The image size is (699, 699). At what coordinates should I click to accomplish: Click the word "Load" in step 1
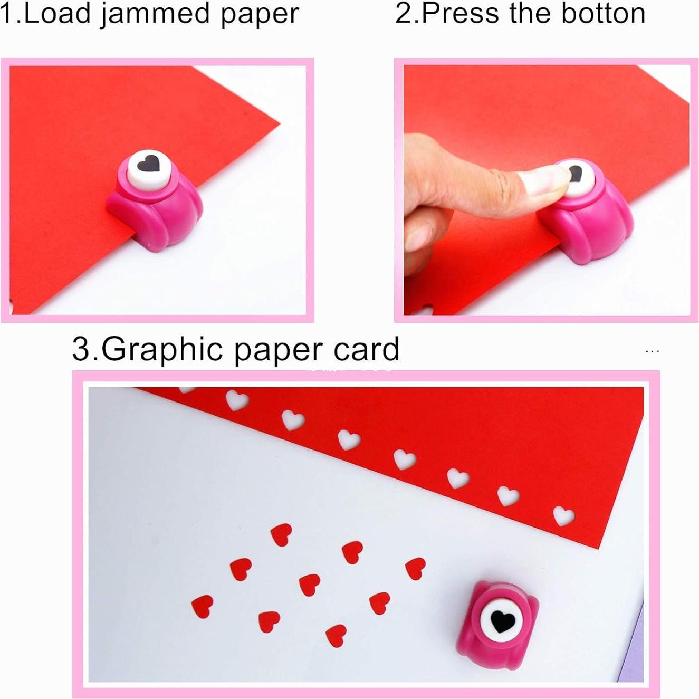pos(58,14)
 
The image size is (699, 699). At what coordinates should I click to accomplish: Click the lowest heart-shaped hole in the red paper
pos(563,515)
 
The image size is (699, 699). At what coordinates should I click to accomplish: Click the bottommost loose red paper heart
pos(336,635)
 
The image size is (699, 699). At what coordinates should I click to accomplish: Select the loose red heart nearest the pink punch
pos(416,568)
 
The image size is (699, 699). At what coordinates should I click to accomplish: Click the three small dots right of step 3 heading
pos(652,351)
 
